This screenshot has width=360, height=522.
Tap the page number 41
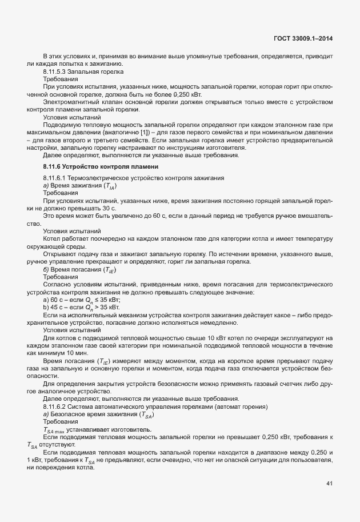(329, 484)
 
